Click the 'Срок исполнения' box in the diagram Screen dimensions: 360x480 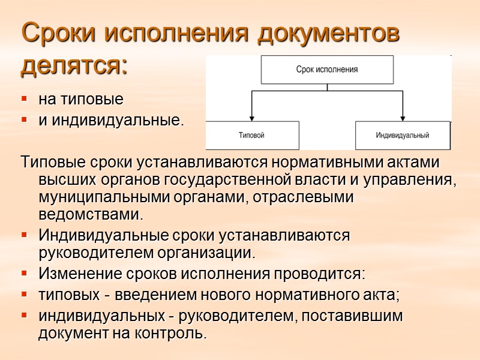click(x=327, y=69)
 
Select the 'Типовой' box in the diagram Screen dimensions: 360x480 click(x=252, y=135)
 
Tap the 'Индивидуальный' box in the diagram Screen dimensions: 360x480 click(x=402, y=135)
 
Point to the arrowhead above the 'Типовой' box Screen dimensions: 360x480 click(x=252, y=117)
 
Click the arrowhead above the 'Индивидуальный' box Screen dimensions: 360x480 click(x=402, y=117)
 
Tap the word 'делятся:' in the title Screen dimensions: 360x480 click(x=74, y=65)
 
